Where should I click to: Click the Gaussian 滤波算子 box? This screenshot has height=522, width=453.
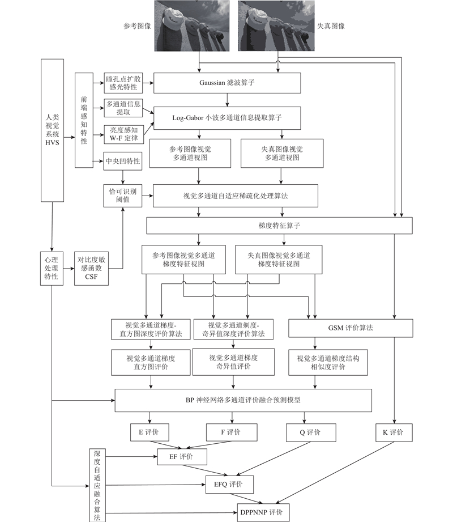227,83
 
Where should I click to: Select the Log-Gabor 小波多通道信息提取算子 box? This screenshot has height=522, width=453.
227,118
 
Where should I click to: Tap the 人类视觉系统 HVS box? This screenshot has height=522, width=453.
52,130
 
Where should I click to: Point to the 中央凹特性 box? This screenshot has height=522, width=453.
123,161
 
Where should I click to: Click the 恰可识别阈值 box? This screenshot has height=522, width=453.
123,196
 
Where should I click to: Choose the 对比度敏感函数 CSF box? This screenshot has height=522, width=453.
92,268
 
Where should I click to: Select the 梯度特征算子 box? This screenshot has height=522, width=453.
279,226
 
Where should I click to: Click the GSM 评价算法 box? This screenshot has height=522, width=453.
351,328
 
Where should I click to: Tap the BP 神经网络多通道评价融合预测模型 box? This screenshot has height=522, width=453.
243,400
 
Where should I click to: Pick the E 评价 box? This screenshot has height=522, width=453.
149,432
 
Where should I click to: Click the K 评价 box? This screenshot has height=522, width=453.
394,432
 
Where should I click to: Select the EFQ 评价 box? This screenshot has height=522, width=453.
229,485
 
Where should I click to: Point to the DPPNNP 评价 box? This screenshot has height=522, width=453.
263,512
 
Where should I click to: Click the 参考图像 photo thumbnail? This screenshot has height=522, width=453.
192,26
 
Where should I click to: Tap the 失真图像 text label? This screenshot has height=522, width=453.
331,26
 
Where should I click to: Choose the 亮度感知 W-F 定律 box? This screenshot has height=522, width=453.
124,134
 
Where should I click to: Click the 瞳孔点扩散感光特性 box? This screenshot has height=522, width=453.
123,83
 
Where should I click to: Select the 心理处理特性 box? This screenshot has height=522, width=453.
52,268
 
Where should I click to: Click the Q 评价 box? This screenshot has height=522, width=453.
311,432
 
